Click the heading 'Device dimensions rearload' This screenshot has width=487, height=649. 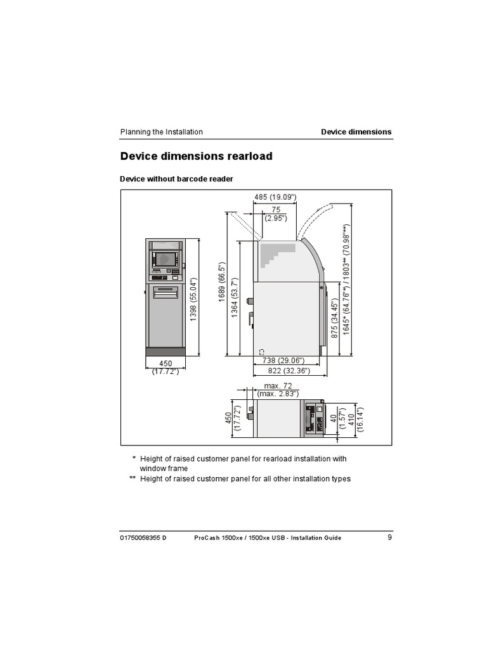pyautogui.click(x=197, y=156)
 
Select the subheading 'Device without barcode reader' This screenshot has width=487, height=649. pyautogui.click(x=177, y=179)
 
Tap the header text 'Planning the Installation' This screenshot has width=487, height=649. pyautogui.click(x=162, y=132)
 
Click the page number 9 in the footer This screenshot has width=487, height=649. pyautogui.click(x=389, y=537)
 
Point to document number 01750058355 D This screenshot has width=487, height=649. pyautogui.click(x=143, y=538)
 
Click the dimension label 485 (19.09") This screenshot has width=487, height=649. pyautogui.click(x=276, y=197)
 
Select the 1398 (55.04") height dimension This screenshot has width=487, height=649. pyautogui.click(x=194, y=299)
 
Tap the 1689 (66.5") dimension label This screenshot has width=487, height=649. pyautogui.click(x=223, y=283)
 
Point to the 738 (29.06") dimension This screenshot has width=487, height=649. pyautogui.click(x=280, y=361)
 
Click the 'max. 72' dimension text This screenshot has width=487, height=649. pyautogui.click(x=276, y=386)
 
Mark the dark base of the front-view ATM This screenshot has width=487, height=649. pyautogui.click(x=165, y=351)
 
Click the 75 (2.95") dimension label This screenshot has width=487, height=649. pyautogui.click(x=276, y=214)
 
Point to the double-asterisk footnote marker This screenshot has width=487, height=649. pyautogui.click(x=133, y=479)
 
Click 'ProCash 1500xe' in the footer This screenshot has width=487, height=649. pyautogui.click(x=217, y=538)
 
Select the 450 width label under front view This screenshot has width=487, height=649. pyautogui.click(x=166, y=364)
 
